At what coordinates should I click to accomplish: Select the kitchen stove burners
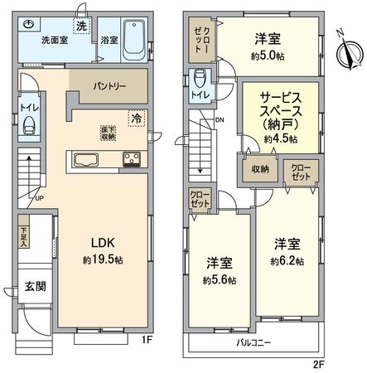click(x=132, y=160)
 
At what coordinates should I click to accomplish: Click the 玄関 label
click(x=34, y=287)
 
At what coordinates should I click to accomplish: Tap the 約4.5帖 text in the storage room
click(x=273, y=139)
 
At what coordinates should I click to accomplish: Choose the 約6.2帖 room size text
click(x=287, y=262)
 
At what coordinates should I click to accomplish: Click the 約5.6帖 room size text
click(x=220, y=281)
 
